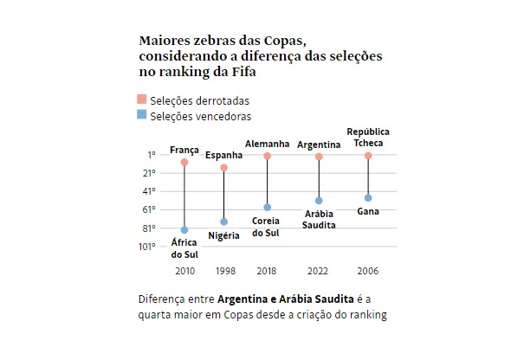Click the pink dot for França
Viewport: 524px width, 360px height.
pyautogui.click(x=184, y=162)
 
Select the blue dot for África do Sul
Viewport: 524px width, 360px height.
pyautogui.click(x=184, y=230)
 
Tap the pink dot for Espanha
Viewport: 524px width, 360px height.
pyautogui.click(x=223, y=167)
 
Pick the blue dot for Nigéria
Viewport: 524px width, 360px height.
pyautogui.click(x=223, y=222)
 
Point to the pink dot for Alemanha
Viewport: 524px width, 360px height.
pyautogui.click(x=268, y=156)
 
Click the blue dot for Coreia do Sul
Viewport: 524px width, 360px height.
pyautogui.click(x=268, y=208)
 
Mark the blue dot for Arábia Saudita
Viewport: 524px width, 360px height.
pyautogui.click(x=319, y=201)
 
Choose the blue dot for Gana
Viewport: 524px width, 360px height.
pyautogui.click(x=368, y=198)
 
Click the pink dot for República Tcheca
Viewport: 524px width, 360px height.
pyautogui.click(x=368, y=156)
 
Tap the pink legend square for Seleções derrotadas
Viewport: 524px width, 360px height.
pyautogui.click(x=143, y=100)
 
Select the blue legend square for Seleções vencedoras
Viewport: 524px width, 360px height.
pyautogui.click(x=143, y=115)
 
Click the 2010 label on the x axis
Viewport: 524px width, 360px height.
pyautogui.click(x=184, y=271)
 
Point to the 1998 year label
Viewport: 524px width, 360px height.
pyautogui.click(x=224, y=271)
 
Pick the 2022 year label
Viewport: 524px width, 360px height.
pyautogui.click(x=319, y=271)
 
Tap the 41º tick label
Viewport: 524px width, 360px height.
pyautogui.click(x=150, y=191)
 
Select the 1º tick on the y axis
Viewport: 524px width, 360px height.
pyautogui.click(x=152, y=155)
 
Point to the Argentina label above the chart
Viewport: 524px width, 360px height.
pyautogui.click(x=319, y=144)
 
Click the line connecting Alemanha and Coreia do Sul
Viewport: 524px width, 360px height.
pyautogui.click(x=268, y=182)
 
